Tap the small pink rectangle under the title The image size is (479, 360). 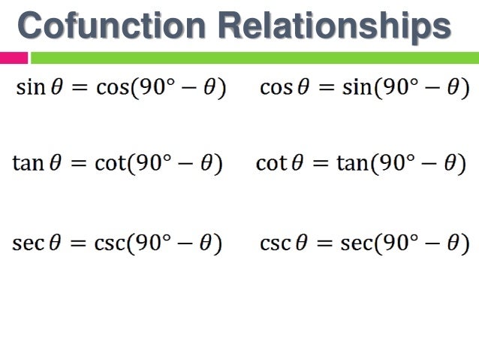(x=14, y=57)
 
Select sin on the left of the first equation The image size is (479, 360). (x=31, y=87)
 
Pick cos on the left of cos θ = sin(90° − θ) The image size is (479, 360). (x=275, y=87)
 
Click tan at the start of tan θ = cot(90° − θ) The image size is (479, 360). (x=28, y=164)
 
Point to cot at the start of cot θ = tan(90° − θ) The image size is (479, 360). (x=271, y=164)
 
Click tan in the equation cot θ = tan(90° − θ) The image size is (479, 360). (x=351, y=164)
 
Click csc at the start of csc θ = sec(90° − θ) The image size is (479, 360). (x=274, y=244)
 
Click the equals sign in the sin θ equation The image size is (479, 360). (x=77, y=88)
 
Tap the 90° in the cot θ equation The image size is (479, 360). (x=397, y=164)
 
